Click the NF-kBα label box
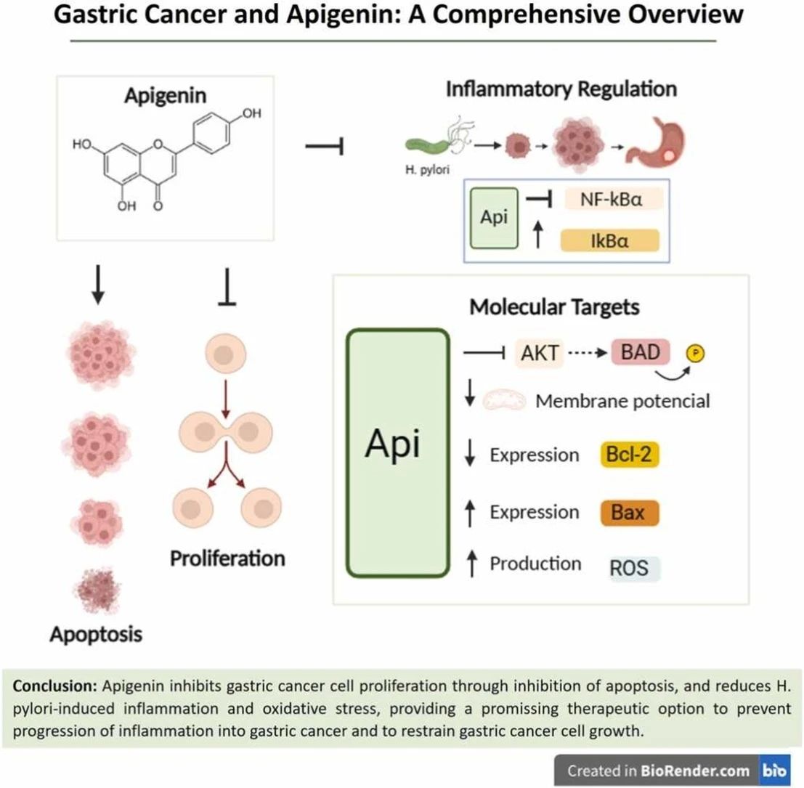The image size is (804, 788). (614, 198)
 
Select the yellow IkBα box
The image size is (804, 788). (609, 239)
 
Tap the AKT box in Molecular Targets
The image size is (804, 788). (539, 354)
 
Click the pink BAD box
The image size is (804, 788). (641, 353)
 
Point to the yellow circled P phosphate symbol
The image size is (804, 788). (696, 354)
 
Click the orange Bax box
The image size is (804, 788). (629, 513)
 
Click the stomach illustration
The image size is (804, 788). (657, 142)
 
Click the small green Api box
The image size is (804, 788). (494, 219)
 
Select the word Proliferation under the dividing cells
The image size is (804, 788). (227, 558)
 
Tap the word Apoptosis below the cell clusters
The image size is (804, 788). (96, 634)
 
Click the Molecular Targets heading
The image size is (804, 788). (554, 306)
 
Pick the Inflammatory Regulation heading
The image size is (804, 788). (561, 89)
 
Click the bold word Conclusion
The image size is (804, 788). (55, 686)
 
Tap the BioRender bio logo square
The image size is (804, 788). (775, 771)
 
